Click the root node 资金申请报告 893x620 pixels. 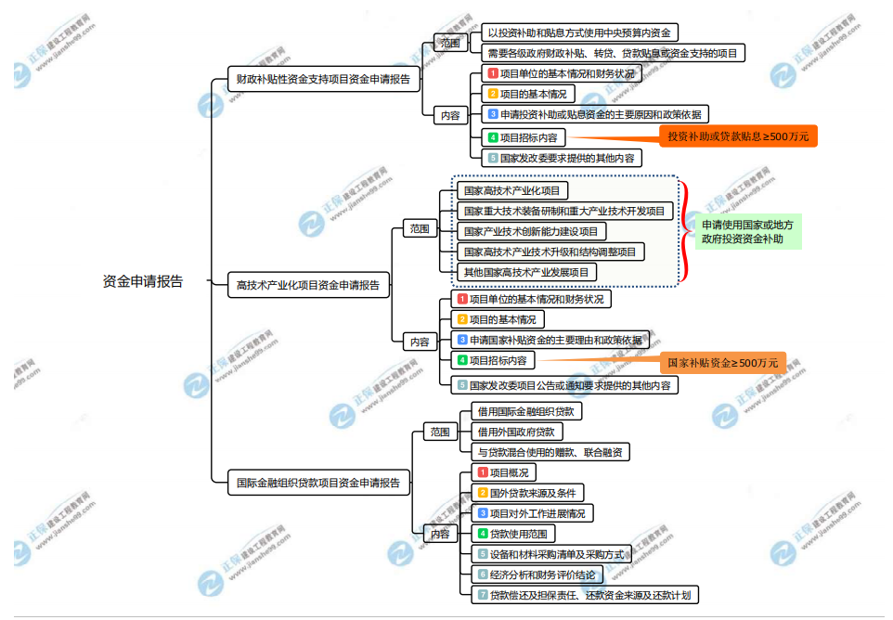[143, 281]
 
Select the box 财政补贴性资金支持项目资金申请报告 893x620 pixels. [324, 80]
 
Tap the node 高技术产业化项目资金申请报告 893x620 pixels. [308, 287]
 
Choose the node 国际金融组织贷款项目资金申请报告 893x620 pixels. [318, 482]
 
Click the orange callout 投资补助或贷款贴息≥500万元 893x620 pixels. [739, 136]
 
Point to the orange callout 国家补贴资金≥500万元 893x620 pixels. [720, 362]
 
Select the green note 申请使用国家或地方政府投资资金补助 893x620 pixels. [747, 231]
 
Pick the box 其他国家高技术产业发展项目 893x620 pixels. [526, 272]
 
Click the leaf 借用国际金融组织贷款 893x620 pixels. [525, 410]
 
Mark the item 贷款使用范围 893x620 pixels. [512, 534]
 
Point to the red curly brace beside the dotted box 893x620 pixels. [686, 231]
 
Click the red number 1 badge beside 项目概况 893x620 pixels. [483, 472]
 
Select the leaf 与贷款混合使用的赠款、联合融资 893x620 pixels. [550, 452]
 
